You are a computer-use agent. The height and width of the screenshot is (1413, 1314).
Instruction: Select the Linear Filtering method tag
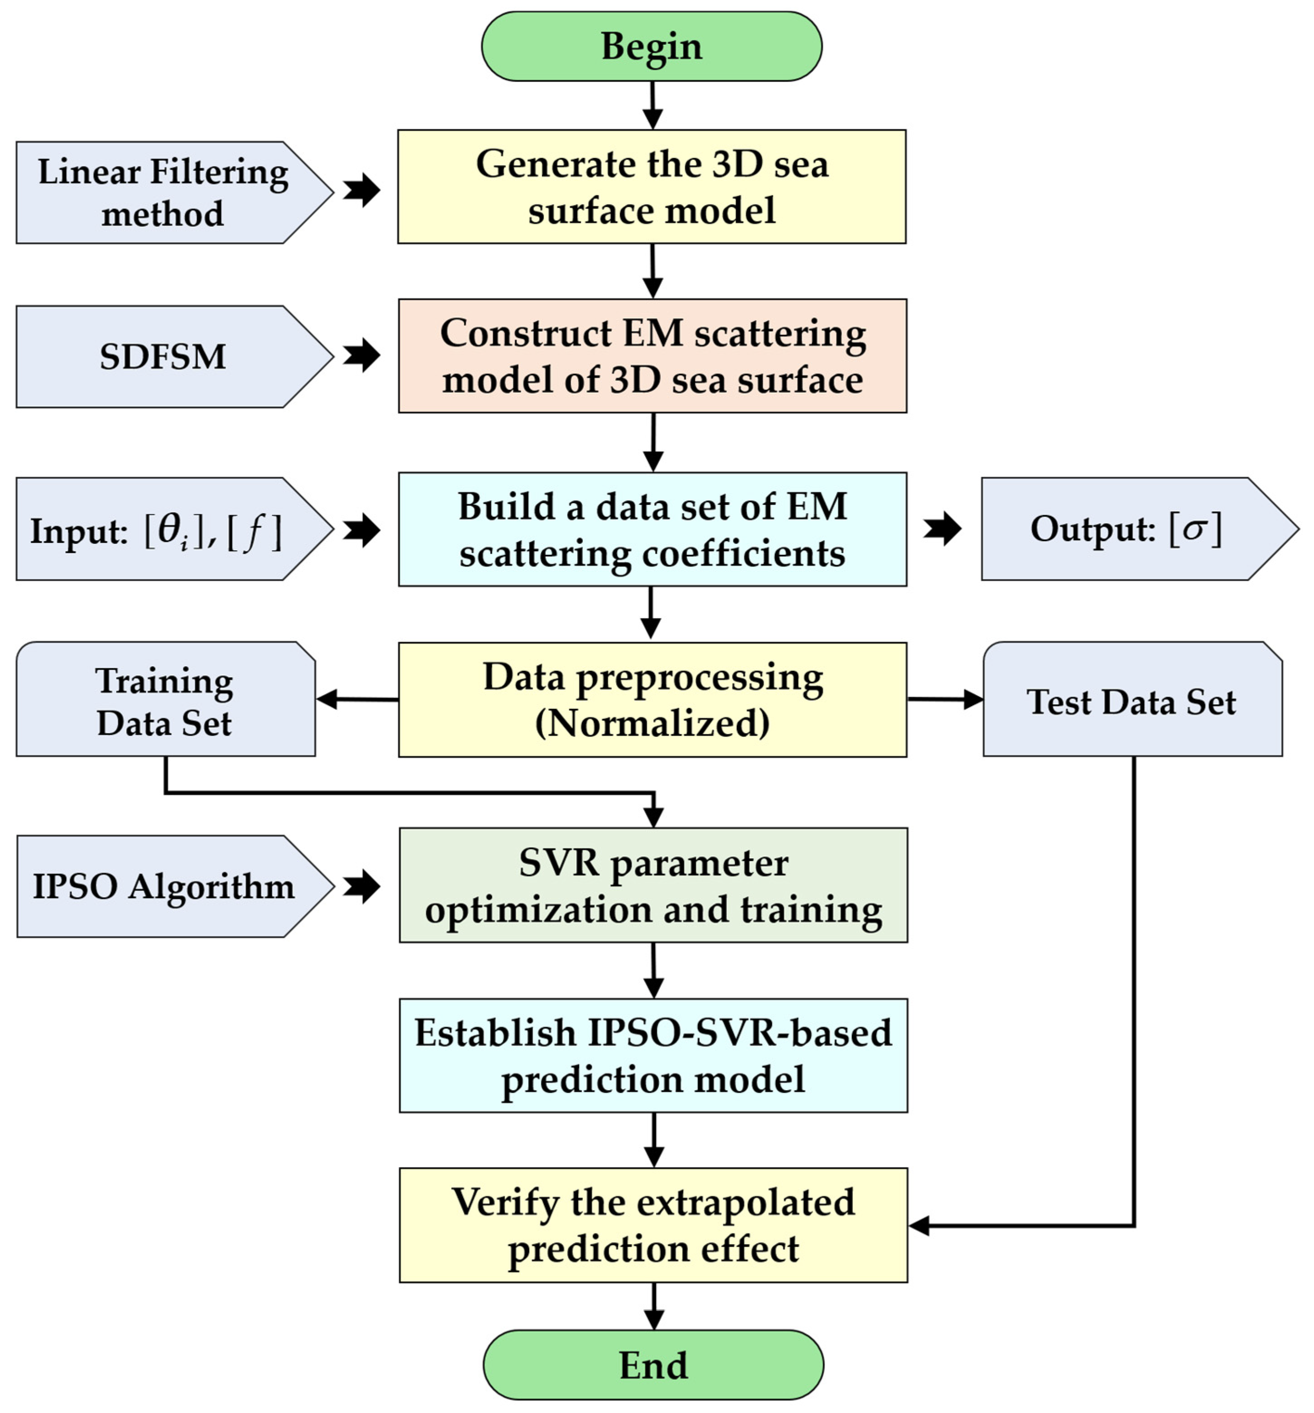[164, 192]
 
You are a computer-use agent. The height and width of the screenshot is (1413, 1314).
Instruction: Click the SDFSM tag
[164, 357]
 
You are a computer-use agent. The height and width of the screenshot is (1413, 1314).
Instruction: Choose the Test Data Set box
[1132, 701]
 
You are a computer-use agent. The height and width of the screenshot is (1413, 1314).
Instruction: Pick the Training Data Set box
[165, 701]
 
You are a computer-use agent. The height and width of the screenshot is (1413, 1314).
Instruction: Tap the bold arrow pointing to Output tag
[943, 529]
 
